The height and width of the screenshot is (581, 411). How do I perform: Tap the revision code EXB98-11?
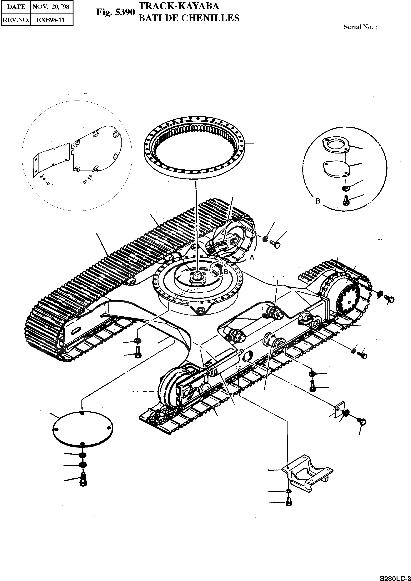click(51, 20)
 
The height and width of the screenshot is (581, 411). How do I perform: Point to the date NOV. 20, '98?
click(51, 7)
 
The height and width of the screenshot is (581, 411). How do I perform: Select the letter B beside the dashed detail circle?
click(318, 201)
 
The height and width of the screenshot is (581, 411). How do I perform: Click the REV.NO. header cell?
click(16, 20)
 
